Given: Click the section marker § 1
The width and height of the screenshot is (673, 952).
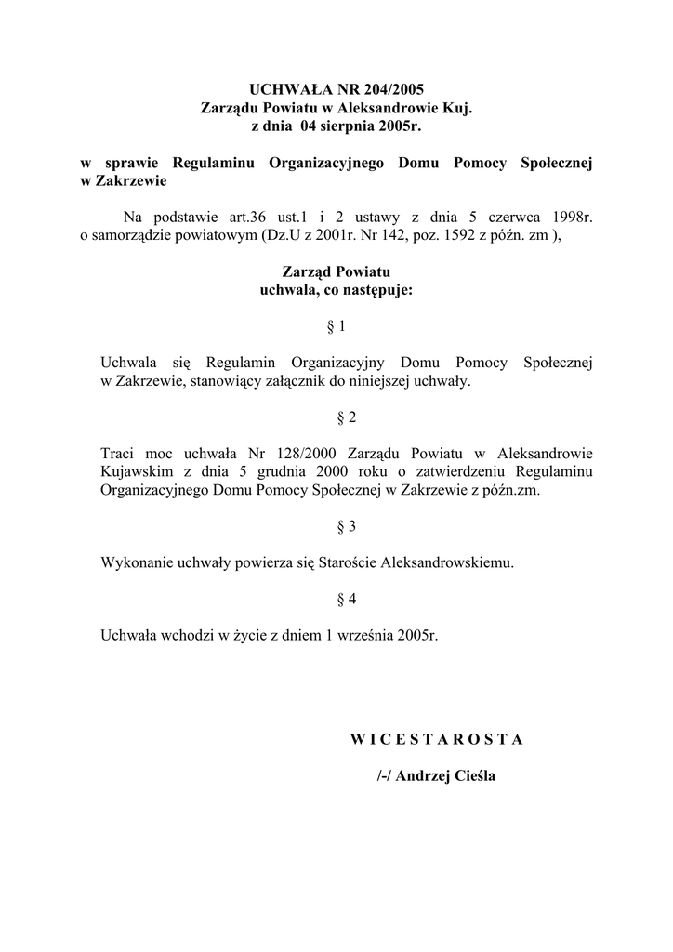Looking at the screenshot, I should click(x=336, y=326).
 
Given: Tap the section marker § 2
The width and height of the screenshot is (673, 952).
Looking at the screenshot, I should click(x=336, y=417).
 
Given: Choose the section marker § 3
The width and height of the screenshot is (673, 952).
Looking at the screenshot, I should click(x=336, y=526).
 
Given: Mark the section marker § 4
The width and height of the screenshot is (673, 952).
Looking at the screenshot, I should click(x=336, y=599).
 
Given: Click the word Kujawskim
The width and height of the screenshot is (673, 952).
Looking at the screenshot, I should click(x=135, y=471).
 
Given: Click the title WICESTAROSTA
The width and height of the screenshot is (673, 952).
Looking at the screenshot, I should click(x=437, y=739).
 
